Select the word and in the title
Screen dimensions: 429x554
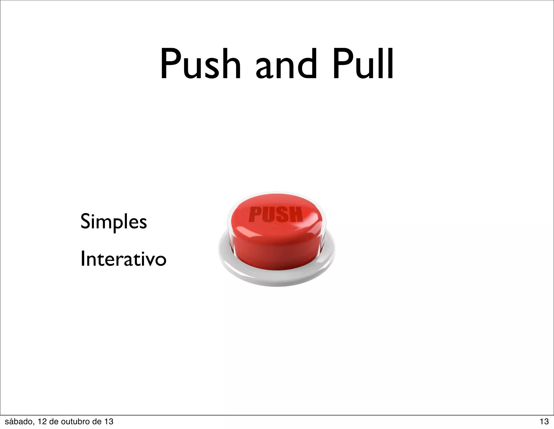286,65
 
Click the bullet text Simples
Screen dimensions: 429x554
114,222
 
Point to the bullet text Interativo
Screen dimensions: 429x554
123,259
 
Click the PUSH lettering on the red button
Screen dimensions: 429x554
275,214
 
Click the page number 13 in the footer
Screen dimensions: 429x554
544,421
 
